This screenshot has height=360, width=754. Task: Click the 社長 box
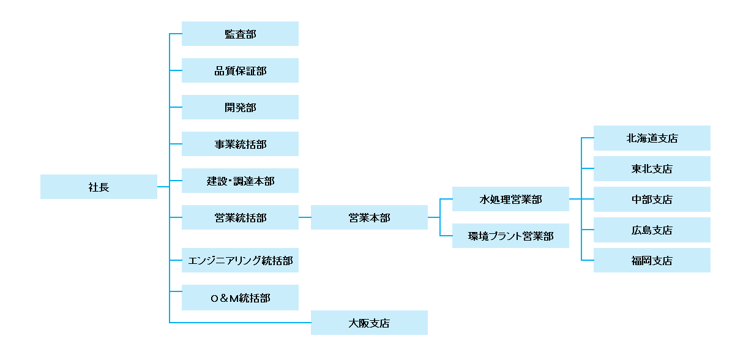(99, 187)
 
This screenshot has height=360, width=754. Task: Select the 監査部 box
(240, 34)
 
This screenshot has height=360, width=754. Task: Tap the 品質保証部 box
(240, 70)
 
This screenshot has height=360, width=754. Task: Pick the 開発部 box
(240, 107)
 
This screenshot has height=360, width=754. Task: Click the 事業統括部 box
(240, 144)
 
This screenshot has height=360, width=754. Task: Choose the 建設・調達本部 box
(240, 181)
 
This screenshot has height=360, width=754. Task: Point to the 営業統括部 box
(240, 217)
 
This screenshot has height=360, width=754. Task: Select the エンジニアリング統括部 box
(240, 260)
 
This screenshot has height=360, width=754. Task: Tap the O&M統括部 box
(240, 297)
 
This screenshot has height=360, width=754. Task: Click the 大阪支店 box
(369, 323)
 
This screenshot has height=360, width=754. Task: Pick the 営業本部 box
(369, 217)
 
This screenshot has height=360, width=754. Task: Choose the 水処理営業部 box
(510, 199)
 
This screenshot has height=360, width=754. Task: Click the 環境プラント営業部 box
(510, 236)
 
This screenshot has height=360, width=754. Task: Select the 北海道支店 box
(652, 138)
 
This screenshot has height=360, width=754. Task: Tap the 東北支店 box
(652, 168)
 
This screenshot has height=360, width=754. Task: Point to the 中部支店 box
(652, 199)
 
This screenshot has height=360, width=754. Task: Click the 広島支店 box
(652, 230)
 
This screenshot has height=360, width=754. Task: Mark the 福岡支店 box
(652, 260)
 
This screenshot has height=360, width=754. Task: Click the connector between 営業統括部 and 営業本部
(305, 217)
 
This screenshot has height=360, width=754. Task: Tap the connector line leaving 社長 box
(163, 187)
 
